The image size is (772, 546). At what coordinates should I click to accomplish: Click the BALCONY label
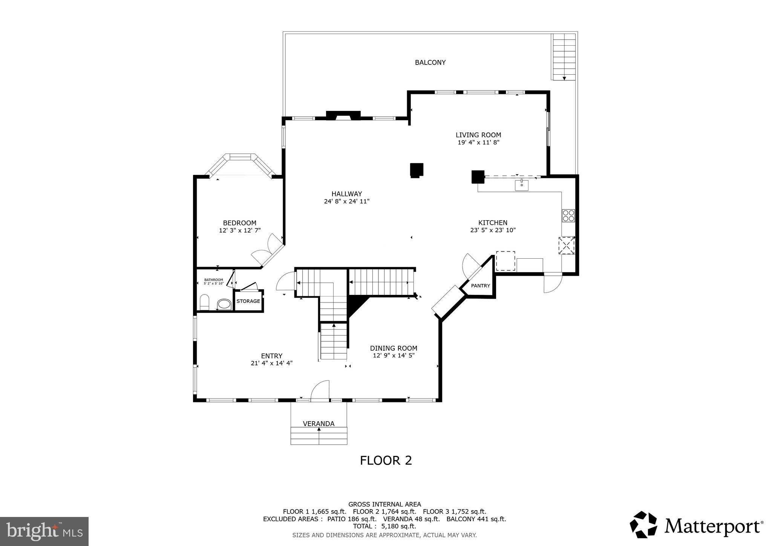[430, 63]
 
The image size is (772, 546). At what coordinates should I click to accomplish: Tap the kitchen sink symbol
[522, 185]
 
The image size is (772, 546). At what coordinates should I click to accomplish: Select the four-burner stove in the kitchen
[568, 215]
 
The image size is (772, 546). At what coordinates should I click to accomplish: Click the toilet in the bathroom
[204, 302]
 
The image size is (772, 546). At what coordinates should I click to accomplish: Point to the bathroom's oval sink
[224, 304]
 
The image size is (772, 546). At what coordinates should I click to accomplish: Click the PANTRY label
[480, 286]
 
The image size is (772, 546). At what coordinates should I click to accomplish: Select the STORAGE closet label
[248, 301]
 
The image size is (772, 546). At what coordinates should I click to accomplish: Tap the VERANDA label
[319, 424]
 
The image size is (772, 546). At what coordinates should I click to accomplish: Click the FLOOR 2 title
[386, 460]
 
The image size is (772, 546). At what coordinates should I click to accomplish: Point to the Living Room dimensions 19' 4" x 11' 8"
[478, 143]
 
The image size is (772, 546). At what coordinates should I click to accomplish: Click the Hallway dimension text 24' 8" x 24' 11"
[346, 201]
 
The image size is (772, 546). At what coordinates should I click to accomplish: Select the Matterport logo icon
[643, 525]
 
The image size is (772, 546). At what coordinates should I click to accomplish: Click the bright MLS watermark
[44, 531]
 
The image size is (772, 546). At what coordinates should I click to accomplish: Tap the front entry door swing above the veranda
[320, 390]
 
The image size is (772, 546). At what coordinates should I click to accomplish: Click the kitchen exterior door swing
[553, 283]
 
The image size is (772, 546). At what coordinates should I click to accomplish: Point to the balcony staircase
[564, 57]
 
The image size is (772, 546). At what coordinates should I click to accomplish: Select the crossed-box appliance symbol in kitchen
[566, 245]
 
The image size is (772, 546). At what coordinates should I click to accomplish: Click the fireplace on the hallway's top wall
[343, 115]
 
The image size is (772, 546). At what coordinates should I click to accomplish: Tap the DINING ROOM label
[394, 348]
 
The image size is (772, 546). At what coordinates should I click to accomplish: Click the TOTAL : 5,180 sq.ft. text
[384, 526]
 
